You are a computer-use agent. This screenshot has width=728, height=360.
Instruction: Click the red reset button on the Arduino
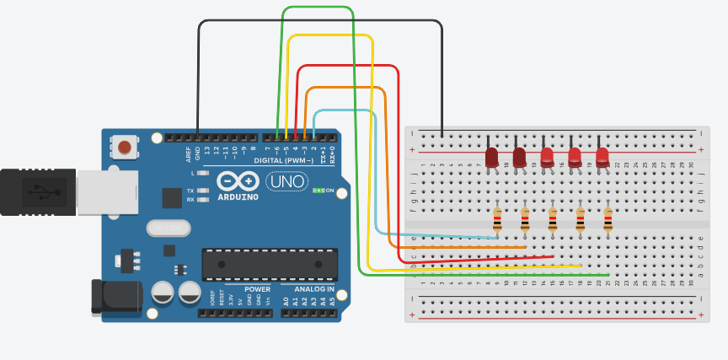click(125, 148)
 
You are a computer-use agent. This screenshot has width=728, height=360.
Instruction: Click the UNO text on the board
click(286, 181)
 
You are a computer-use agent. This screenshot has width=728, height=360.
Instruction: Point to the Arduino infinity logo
click(237, 180)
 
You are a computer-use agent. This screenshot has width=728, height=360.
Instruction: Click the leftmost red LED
click(491, 157)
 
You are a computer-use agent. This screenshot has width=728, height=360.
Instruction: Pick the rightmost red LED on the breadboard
click(602, 157)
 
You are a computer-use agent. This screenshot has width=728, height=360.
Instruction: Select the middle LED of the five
click(547, 157)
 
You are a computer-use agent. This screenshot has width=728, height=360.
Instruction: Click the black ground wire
click(320, 21)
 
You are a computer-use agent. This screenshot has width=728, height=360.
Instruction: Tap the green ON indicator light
click(318, 191)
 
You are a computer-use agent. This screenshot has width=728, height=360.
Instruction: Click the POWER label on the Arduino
click(258, 289)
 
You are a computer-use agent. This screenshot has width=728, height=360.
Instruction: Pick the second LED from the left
click(519, 157)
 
